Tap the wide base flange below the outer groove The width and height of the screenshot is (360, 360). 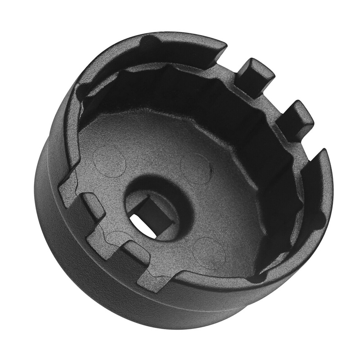[x=90, y=279]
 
